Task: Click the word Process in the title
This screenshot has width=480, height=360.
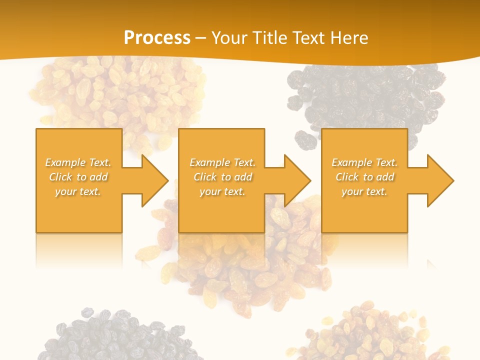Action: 157,38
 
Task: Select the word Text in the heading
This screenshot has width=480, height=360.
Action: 307,38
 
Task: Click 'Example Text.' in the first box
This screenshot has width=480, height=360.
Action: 78,162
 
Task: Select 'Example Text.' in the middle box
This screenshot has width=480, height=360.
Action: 222,162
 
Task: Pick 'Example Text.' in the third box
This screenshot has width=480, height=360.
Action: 364,162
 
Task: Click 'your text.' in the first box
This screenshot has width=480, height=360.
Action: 78,191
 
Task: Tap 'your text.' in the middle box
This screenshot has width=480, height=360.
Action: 222,191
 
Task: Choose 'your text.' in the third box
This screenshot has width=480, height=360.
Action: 364,191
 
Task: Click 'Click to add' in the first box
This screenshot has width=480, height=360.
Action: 78,177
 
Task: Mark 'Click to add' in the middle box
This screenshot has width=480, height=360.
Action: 222,177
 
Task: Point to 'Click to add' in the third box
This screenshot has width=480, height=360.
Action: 364,177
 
